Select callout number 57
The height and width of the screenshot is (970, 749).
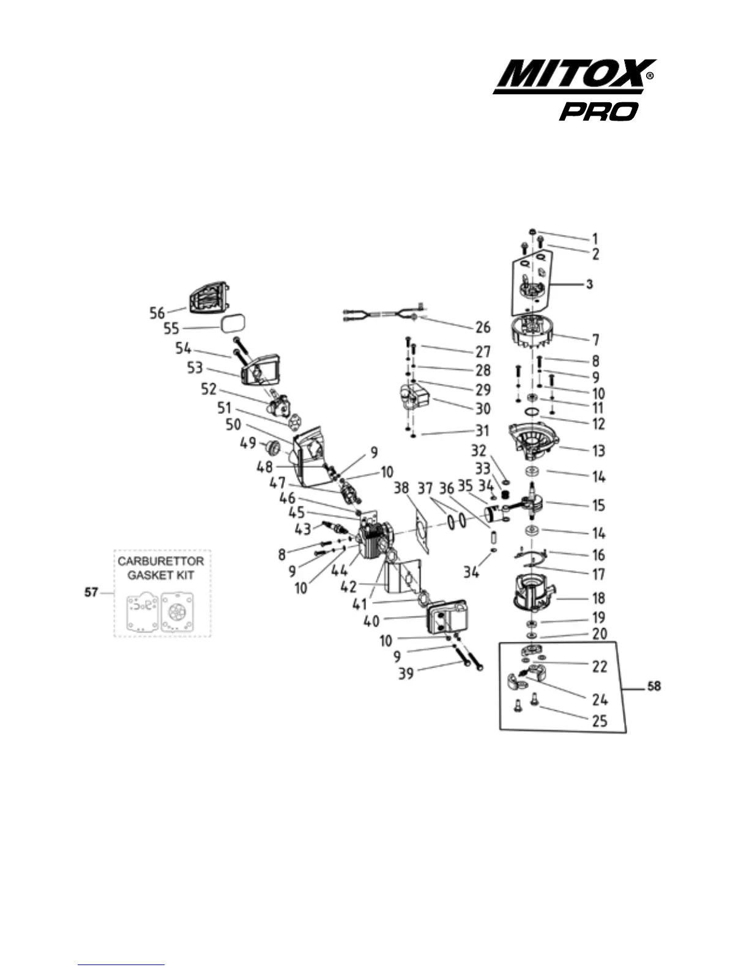pyautogui.click(x=91, y=593)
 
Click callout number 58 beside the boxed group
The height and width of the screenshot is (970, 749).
pyautogui.click(x=654, y=686)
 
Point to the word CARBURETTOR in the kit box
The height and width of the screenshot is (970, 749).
pyautogui.click(x=161, y=561)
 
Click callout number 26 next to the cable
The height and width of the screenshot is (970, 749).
pyautogui.click(x=483, y=327)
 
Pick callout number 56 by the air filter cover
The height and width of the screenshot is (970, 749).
pyautogui.click(x=157, y=313)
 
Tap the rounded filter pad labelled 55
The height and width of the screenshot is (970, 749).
pyautogui.click(x=234, y=323)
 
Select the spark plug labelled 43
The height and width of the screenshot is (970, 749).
pyautogui.click(x=338, y=526)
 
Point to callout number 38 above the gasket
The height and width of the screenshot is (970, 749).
pyautogui.click(x=401, y=488)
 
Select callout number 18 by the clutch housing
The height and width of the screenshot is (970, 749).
pyautogui.click(x=598, y=598)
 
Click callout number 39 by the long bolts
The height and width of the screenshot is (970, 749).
pyautogui.click(x=406, y=673)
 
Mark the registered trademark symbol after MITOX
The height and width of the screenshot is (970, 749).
pyautogui.click(x=650, y=77)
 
